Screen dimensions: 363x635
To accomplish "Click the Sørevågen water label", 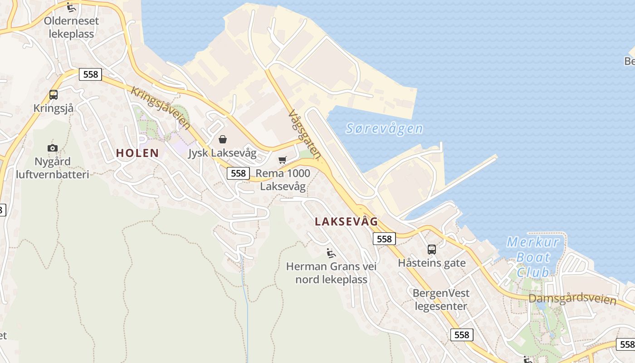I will click(384, 128).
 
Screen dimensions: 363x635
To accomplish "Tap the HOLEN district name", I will click(137, 153).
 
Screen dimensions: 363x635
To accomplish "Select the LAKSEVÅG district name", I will click(346, 221).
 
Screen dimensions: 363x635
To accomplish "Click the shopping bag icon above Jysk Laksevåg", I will click(223, 139).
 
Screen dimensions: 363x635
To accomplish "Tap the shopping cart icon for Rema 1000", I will click(283, 160).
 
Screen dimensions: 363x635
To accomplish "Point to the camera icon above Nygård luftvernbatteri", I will click(53, 148).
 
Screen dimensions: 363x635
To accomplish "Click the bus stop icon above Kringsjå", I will click(54, 95).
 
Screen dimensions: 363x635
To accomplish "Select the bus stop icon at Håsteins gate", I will click(431, 249).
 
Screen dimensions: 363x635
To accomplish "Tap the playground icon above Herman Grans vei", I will click(331, 253).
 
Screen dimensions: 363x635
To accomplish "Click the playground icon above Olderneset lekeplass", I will click(70, 7).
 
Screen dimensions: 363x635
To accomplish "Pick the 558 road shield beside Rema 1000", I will click(238, 173).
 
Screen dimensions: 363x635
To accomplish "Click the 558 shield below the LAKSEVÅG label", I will click(384, 239).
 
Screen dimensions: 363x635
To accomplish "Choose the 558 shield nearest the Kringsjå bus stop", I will click(91, 74).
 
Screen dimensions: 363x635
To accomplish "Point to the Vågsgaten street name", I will click(304, 135).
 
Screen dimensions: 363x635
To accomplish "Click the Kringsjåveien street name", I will click(161, 108).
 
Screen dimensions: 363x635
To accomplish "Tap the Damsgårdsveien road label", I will click(572, 299).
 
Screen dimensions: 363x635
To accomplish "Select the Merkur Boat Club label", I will click(533, 257).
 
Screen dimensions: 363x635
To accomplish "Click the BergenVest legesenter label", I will click(441, 299).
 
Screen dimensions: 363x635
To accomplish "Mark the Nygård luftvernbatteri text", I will click(53, 168).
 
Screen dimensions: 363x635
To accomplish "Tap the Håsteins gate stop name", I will click(432, 263).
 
